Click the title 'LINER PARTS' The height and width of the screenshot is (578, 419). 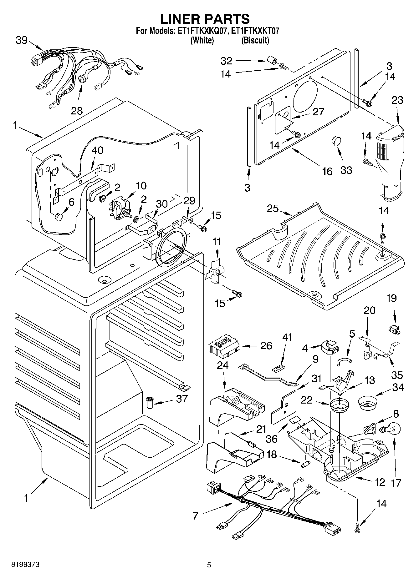point(205,19)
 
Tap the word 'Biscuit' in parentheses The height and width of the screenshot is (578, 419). point(255,40)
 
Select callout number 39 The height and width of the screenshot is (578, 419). point(22,40)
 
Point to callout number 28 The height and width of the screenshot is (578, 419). point(77,111)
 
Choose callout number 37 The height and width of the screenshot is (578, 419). point(182,399)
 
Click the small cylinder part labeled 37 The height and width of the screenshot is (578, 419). point(150,402)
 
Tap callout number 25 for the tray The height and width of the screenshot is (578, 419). point(273,208)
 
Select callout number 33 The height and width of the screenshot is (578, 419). point(346,170)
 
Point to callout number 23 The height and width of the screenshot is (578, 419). point(397,100)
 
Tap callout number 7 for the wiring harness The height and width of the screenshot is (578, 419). point(196,516)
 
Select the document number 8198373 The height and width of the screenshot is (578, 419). point(21,565)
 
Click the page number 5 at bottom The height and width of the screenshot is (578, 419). point(209,565)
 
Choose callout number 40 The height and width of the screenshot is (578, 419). point(97,150)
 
